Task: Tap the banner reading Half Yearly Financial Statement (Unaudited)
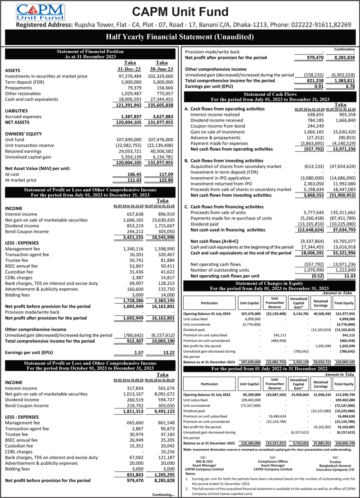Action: tap(180, 36)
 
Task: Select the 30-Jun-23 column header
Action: tap(162, 70)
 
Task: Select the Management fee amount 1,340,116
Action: tap(130, 248)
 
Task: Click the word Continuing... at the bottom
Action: tap(163, 494)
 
